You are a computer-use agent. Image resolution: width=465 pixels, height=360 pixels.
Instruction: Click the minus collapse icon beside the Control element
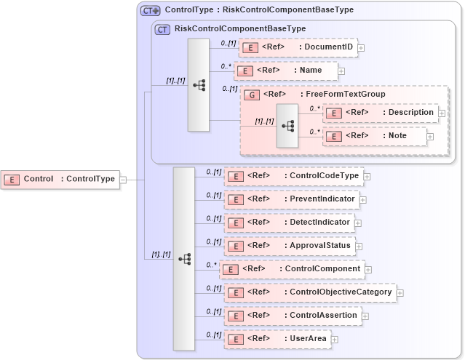(123, 180)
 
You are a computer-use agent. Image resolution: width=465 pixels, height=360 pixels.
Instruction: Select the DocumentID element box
(298, 48)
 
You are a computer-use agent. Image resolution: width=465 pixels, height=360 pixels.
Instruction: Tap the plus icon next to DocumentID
(361, 49)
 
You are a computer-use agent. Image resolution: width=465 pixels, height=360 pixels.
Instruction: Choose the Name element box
(286, 71)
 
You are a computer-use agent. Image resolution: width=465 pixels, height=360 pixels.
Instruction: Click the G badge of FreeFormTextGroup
(252, 95)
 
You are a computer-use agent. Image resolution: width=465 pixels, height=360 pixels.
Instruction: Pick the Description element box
(380, 113)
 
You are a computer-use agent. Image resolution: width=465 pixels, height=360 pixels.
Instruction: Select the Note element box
(374, 136)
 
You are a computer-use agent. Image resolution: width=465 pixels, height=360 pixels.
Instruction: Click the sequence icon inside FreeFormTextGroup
(287, 126)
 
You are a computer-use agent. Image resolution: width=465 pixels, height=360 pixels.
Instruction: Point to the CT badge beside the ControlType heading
(150, 11)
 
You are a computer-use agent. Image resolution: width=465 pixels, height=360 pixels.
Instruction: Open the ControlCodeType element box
(293, 176)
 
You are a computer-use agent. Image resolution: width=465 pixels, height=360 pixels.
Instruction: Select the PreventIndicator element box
(291, 199)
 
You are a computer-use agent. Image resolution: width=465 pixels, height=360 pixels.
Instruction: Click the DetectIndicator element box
(289, 223)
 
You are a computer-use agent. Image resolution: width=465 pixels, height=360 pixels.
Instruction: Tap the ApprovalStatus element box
(289, 246)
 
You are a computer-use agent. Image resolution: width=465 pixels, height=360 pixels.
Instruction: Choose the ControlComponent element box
(292, 269)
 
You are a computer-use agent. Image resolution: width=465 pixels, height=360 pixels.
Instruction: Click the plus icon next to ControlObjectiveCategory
(400, 292)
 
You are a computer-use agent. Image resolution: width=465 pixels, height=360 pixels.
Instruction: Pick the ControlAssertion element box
(293, 316)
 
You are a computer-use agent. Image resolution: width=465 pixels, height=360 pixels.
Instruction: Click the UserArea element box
(277, 339)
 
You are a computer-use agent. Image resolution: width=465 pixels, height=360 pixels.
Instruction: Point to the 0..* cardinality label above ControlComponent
(212, 264)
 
